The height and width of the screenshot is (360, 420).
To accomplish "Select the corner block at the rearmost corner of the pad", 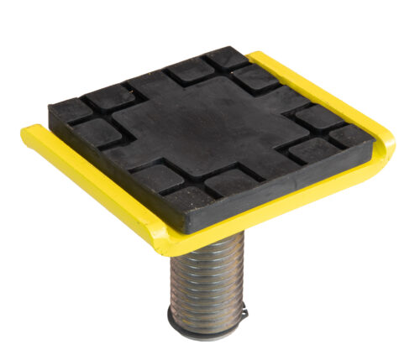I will [228, 58].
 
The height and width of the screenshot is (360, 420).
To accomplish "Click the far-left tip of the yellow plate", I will [28, 133].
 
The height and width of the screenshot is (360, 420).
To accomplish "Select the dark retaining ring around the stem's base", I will [206, 330].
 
